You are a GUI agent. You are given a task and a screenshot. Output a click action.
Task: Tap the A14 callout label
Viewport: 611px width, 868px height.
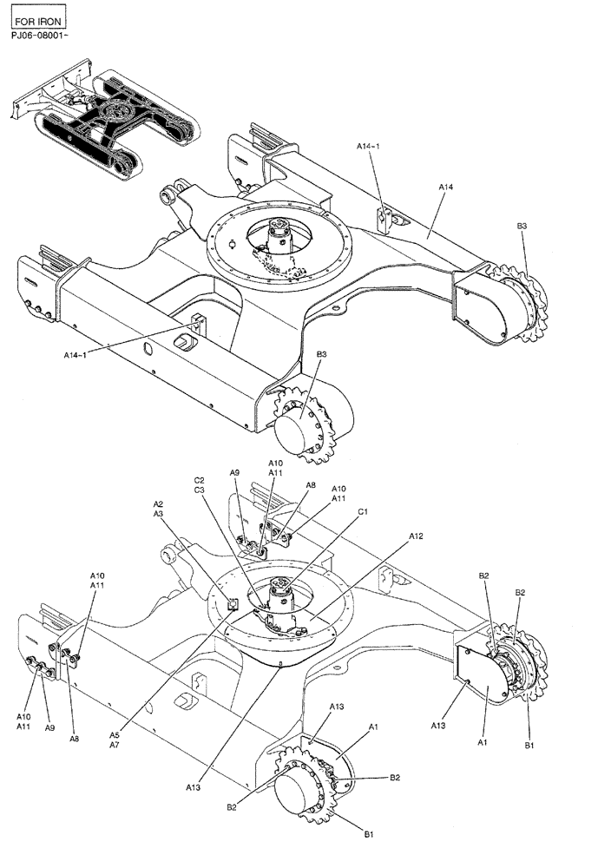(x=446, y=187)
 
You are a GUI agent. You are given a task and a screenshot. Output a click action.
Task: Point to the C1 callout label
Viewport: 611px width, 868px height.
(x=363, y=512)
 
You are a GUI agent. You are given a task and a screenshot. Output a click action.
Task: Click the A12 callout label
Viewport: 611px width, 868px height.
(x=416, y=537)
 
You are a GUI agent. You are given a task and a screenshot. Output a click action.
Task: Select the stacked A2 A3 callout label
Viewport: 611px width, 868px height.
(x=158, y=509)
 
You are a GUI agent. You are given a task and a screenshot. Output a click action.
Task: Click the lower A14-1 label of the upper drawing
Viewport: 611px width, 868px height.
(x=76, y=354)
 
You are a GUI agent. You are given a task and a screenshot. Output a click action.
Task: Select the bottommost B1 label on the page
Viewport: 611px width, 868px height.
(x=368, y=834)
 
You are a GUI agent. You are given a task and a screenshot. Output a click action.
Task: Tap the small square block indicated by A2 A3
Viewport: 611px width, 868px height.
(x=232, y=604)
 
